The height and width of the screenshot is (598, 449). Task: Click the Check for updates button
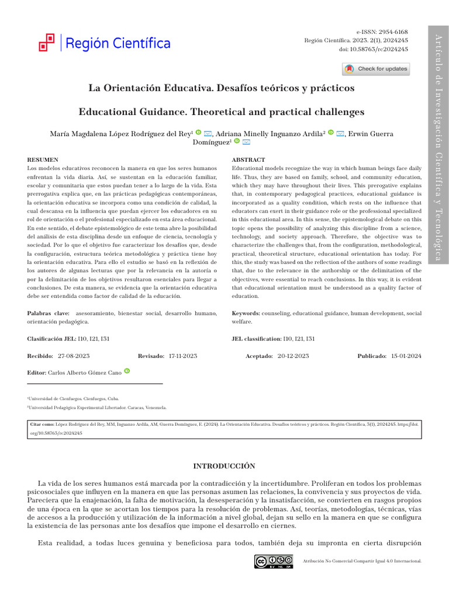coord(376,69)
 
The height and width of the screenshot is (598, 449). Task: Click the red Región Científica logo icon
coord(46,43)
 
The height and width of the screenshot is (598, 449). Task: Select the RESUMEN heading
coord(43,159)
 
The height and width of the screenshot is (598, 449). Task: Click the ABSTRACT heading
coord(248,159)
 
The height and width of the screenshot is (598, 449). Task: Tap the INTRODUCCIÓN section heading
coord(224,465)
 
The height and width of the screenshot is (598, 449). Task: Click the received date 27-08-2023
coord(74,356)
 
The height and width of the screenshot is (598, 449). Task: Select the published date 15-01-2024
coord(406,356)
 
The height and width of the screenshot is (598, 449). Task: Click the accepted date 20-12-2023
coord(294,356)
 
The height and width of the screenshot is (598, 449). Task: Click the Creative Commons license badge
coord(274,561)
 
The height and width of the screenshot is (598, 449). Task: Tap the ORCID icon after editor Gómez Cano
coord(127,371)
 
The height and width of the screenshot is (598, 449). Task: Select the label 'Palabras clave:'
coord(47,314)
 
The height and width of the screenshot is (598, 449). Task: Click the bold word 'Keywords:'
coord(246,314)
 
